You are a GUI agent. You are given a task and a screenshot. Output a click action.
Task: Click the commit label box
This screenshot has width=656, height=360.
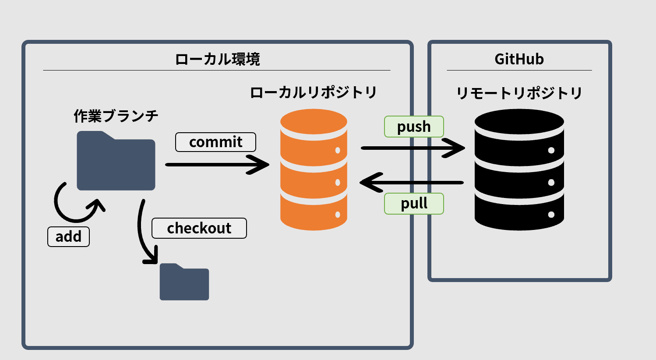(215, 142)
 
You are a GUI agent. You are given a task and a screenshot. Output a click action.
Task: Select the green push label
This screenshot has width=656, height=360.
(414, 127)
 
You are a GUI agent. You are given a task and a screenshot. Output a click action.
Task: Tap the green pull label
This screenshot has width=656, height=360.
(414, 204)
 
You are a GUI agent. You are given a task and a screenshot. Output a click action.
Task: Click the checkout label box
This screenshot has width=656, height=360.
(199, 228)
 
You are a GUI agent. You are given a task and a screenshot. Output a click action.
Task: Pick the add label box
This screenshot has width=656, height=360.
(68, 236)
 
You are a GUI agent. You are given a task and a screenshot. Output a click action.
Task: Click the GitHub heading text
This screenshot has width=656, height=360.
(519, 59)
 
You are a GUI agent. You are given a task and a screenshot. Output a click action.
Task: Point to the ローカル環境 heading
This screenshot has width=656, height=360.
(217, 59)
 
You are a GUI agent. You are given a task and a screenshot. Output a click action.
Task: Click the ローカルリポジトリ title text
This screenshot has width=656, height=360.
(313, 92)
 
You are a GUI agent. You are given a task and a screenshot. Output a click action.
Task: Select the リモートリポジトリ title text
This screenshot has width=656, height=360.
(519, 93)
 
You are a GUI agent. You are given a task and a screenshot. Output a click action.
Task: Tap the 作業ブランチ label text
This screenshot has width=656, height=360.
(116, 116)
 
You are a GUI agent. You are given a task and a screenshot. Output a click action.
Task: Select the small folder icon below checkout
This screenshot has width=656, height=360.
(184, 282)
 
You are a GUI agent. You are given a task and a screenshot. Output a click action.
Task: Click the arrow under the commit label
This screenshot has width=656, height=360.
(217, 165)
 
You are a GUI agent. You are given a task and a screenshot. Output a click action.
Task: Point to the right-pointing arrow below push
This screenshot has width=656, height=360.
(412, 148)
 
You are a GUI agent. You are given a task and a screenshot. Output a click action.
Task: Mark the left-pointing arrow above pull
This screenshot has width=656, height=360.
(412, 182)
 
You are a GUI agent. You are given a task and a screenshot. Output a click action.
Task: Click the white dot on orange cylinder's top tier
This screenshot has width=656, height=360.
(338, 150)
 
